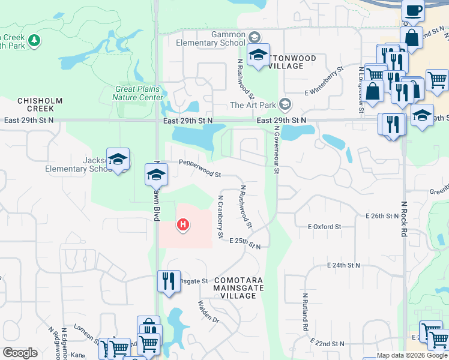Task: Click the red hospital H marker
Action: [183, 226]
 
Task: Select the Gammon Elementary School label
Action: [210, 39]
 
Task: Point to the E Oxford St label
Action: [324, 227]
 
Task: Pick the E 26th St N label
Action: [382, 215]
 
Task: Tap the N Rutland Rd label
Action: [305, 312]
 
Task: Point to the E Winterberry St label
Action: [324, 81]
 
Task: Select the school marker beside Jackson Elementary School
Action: [118, 159]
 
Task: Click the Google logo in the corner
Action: [20, 352]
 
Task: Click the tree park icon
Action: [35, 40]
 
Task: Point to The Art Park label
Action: [253, 105]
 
